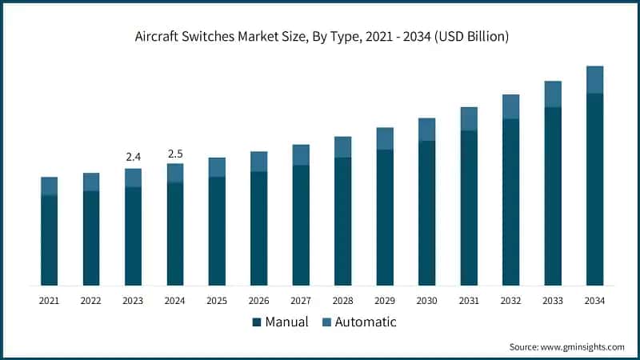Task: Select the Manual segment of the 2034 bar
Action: (x=594, y=189)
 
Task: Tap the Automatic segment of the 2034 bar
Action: (x=594, y=79)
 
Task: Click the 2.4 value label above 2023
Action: (x=133, y=157)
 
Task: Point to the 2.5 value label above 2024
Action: (x=174, y=153)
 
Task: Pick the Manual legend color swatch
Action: (x=257, y=322)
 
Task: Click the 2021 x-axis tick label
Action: (x=49, y=301)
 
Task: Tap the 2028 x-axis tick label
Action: (x=342, y=301)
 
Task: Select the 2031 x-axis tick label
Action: (x=469, y=301)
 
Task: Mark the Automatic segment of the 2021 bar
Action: (x=49, y=186)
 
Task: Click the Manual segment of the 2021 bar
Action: (x=49, y=240)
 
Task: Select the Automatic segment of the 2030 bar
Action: (x=426, y=130)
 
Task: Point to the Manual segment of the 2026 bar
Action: (x=258, y=228)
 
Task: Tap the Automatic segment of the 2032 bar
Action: (x=510, y=106)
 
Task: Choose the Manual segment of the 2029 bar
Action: (x=385, y=217)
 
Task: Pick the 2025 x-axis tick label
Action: (x=217, y=301)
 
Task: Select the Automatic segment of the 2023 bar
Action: (x=133, y=178)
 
